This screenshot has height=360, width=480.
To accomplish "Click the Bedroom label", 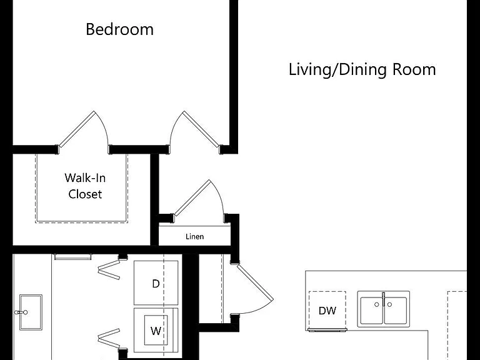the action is tap(120, 29).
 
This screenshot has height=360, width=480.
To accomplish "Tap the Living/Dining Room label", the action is tap(362, 70).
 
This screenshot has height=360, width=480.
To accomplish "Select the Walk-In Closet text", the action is tap(85, 186).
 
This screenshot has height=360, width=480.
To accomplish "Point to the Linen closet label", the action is tap(195, 236).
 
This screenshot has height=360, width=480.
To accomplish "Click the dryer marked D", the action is tap(156, 283).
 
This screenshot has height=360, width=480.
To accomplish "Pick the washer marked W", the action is tap(156, 330).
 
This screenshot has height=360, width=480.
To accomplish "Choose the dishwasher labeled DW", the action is tap(327, 311).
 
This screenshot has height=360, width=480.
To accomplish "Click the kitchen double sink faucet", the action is tap(383, 299).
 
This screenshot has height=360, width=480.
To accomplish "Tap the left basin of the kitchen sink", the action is tap(371, 310).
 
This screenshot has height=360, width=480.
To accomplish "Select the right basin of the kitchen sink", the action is tap(396, 310).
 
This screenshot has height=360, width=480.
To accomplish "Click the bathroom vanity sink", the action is tap(31, 312).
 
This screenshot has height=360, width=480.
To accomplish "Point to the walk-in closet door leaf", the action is tap(76, 129).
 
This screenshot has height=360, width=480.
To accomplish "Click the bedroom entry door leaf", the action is tap(201, 129).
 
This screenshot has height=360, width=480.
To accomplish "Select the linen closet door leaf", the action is tap(192, 197).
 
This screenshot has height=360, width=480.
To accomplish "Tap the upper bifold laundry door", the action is tap(109, 270).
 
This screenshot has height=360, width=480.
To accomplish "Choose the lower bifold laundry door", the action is tap(109, 338).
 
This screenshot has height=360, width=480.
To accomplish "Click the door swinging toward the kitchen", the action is tap(255, 282).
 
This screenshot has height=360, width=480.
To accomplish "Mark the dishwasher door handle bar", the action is tap(327, 330).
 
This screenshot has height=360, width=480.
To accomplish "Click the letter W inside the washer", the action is tap(156, 331).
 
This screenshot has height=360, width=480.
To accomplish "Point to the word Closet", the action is tap(85, 194).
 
